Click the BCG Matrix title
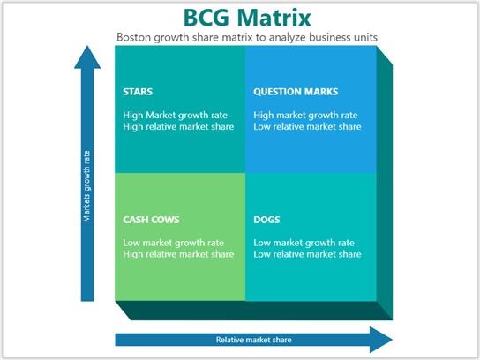point(239,18)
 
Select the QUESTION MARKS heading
point(296,91)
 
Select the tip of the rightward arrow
point(391,339)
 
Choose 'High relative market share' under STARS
point(178,126)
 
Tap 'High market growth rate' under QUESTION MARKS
point(305,115)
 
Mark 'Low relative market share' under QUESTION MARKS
point(307,126)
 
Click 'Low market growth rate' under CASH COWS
point(173,243)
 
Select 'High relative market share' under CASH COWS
point(178,254)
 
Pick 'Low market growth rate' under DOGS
point(304,243)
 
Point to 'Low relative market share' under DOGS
point(307,254)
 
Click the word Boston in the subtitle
point(135,37)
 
